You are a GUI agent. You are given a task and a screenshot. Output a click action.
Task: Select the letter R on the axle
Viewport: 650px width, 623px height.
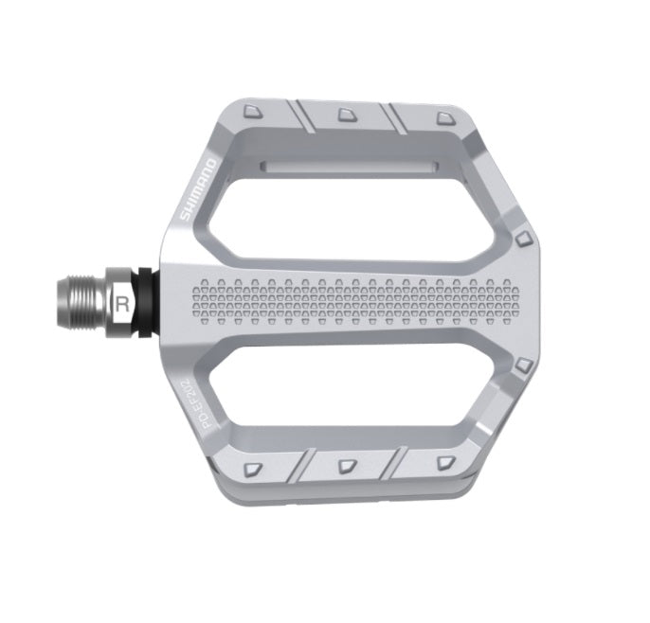[x=121, y=304]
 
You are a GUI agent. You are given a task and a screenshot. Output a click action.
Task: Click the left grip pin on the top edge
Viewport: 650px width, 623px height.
[x=251, y=111]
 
